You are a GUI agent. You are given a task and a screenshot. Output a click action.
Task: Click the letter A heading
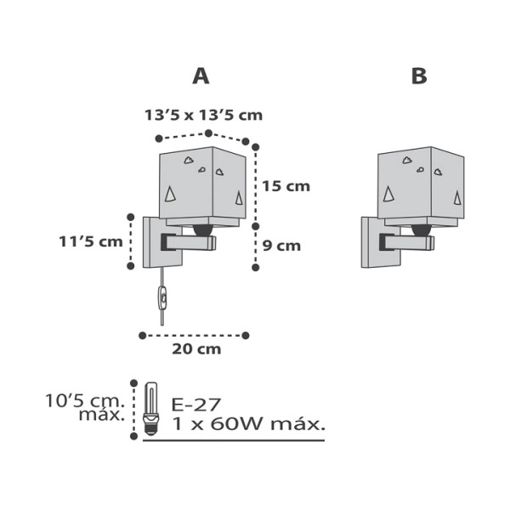point(201,76)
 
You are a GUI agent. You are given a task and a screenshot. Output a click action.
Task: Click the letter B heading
point(419,76)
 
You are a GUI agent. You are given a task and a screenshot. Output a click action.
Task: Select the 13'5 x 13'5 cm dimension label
point(204,115)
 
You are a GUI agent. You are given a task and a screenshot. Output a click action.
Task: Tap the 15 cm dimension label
point(286,186)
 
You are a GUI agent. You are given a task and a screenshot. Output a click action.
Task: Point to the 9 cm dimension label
point(281,246)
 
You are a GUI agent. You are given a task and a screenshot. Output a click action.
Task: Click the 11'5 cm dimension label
point(91,241)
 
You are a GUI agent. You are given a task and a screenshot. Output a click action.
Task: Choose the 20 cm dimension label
point(196,349)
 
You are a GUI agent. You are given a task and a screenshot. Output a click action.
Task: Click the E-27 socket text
point(196,405)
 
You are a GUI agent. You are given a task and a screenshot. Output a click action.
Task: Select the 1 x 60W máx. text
point(248,424)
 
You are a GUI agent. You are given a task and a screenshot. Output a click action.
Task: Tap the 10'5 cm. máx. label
point(85,407)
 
